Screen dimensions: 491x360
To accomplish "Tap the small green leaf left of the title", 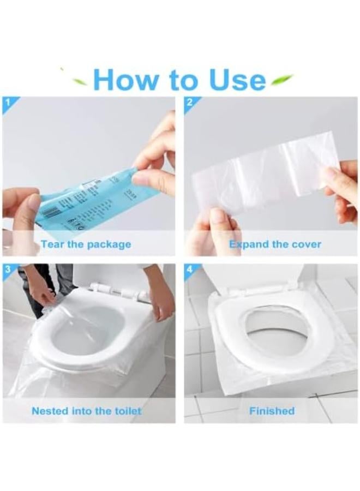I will (x=80, y=82).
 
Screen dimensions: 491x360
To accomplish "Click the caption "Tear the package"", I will (x=86, y=244).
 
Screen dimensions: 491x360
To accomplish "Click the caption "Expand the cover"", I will (x=275, y=244).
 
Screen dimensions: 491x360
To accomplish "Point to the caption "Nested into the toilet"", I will (x=86, y=411).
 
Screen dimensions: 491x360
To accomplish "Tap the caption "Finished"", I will (x=272, y=411).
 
